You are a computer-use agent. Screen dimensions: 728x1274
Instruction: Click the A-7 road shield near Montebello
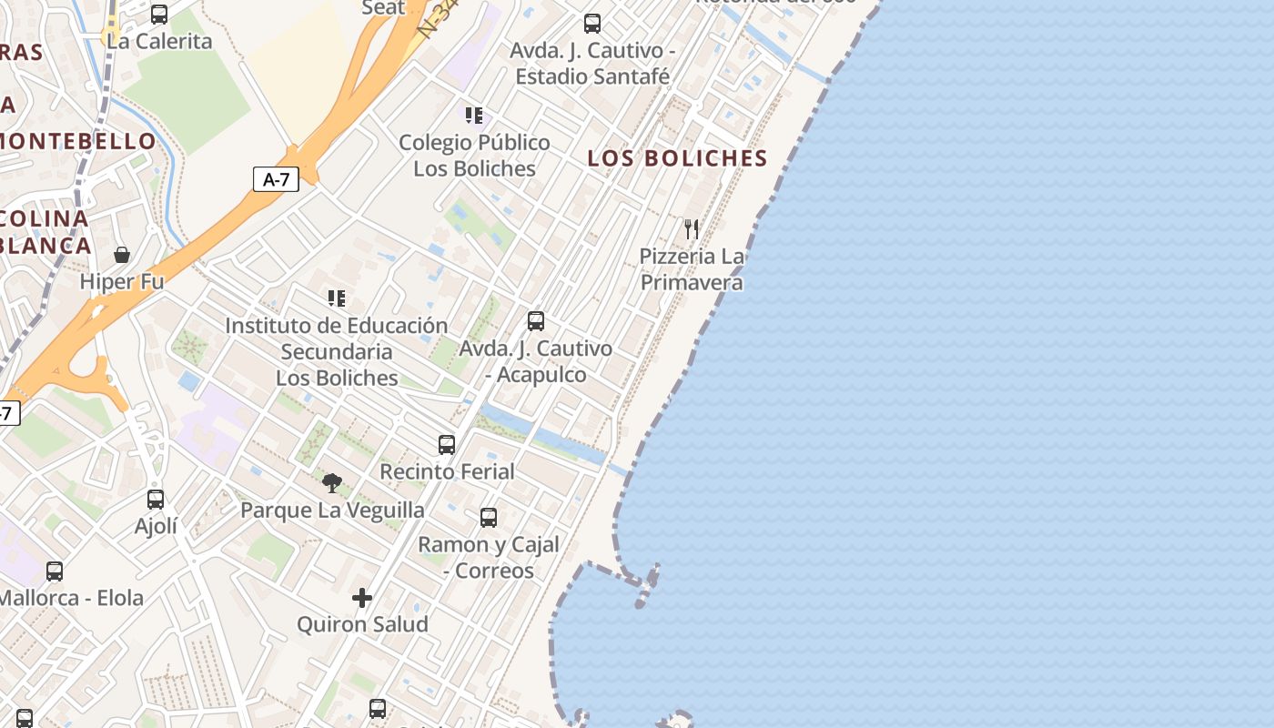[276, 179]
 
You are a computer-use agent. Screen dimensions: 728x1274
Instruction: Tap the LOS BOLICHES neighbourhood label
[677, 158]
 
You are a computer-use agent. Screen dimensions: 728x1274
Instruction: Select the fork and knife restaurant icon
[692, 228]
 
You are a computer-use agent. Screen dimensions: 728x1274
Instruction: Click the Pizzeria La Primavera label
[692, 269]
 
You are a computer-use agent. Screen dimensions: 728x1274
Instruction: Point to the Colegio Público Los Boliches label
[474, 156]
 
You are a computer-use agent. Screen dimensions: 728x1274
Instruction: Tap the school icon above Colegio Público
[473, 116]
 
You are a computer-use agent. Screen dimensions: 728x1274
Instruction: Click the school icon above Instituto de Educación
[337, 298]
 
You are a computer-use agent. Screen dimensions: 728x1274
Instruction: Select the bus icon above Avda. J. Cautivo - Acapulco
[536, 321]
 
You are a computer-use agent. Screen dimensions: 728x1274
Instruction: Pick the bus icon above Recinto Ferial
[447, 444]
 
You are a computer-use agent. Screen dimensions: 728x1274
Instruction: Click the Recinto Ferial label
[447, 471]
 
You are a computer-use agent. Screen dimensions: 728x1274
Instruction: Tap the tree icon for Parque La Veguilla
[332, 482]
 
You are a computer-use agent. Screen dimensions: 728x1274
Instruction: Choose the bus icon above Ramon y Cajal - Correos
[489, 518]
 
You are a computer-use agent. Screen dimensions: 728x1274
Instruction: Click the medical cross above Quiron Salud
[362, 598]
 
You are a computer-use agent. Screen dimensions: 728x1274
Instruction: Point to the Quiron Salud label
[362, 624]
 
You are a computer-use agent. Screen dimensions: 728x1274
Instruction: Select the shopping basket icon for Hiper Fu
[122, 255]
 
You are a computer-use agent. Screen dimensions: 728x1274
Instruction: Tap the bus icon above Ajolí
[156, 499]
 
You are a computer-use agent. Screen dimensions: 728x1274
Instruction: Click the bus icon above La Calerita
[159, 15]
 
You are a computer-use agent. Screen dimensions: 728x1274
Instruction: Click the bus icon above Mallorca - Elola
[55, 571]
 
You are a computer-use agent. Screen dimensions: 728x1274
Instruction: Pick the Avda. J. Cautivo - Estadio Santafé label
[592, 64]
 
